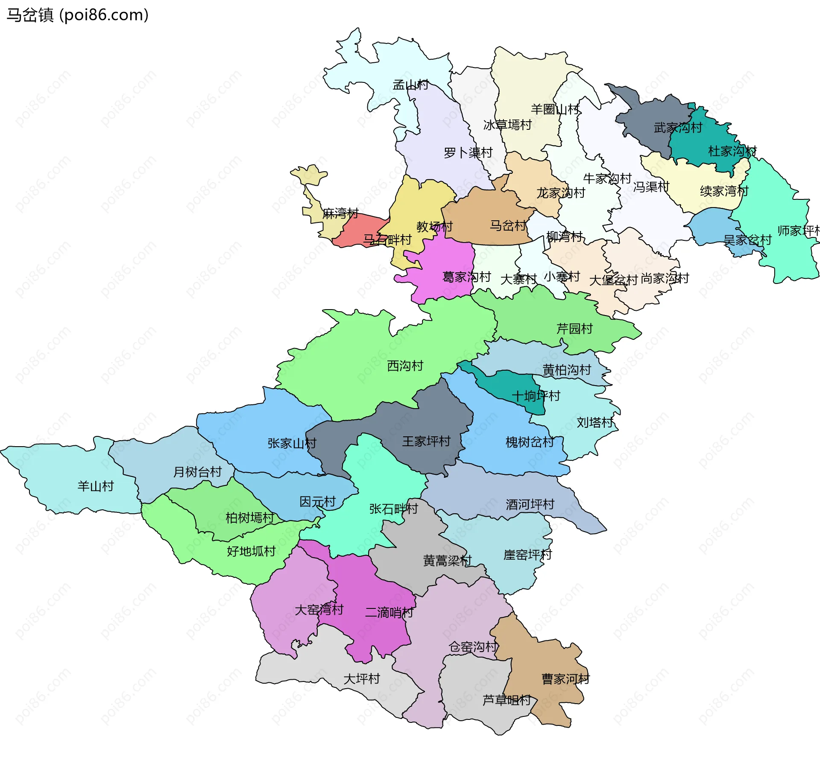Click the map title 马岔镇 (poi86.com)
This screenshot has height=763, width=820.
pos(77,15)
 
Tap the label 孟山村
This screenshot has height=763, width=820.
pos(410,85)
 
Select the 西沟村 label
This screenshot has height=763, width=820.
pos(405,365)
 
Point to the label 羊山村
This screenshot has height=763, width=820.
pos(96,486)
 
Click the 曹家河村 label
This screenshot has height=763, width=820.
pos(565,679)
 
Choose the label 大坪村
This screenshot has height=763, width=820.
pos(362,678)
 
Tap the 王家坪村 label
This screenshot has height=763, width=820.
pos(426,441)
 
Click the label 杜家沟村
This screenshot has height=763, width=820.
pos(732,151)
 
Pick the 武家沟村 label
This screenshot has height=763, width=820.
pos(678,127)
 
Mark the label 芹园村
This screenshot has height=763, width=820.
pos(574,328)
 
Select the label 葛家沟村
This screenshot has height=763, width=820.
pos(466,277)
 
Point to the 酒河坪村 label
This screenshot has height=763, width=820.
pos(530,504)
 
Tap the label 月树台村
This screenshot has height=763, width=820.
pos(197,472)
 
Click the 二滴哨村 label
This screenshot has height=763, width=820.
pos(389,612)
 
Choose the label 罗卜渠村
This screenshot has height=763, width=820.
pos(468,152)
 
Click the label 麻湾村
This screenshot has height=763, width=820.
pos(340,213)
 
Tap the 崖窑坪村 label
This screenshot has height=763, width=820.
pos(527,555)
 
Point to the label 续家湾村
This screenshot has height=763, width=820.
pos(724,191)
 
